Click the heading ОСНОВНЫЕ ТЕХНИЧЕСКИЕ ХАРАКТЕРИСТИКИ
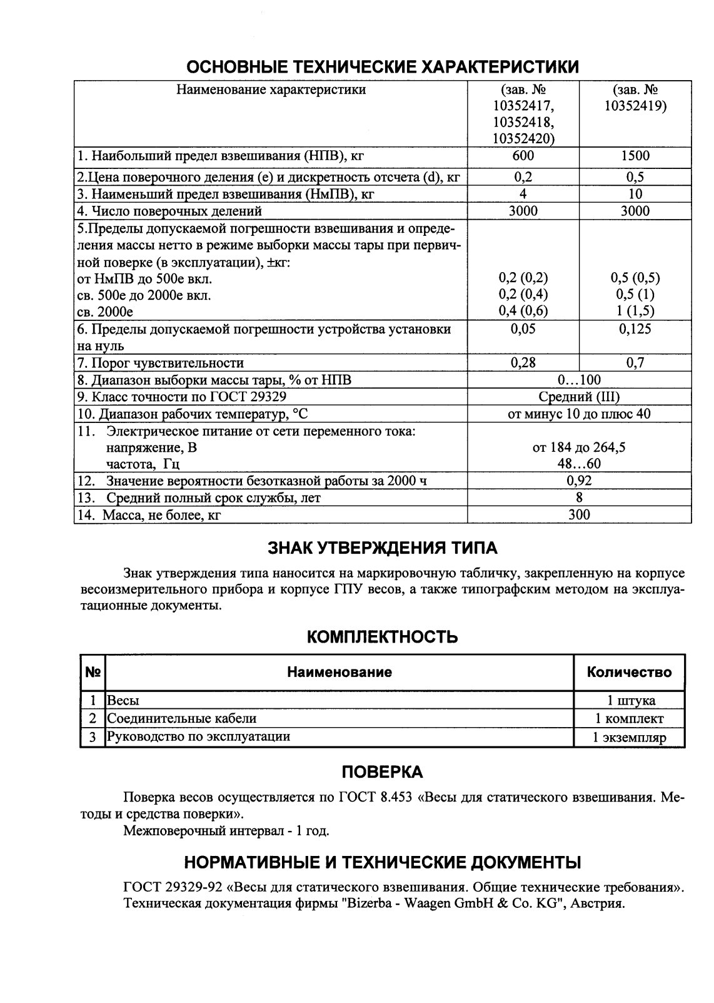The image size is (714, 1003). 383,66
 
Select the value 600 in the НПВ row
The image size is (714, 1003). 523,156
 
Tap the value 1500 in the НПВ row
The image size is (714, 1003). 635,156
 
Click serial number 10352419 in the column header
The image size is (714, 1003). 635,106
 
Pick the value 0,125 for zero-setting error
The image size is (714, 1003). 635,329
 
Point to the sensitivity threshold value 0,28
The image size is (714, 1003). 523,363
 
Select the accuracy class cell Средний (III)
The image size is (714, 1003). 579,397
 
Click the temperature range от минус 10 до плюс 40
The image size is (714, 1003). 579,414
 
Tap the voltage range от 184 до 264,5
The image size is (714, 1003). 579,447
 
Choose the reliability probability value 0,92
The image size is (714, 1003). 579,481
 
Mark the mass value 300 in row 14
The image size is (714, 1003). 579,514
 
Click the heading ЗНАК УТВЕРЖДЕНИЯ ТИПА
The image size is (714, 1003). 383,548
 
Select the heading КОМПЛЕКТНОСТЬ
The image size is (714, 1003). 383,637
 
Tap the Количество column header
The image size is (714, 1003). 629,672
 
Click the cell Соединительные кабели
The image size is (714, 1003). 182,718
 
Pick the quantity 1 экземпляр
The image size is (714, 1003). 629,737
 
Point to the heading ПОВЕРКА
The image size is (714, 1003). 383,772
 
